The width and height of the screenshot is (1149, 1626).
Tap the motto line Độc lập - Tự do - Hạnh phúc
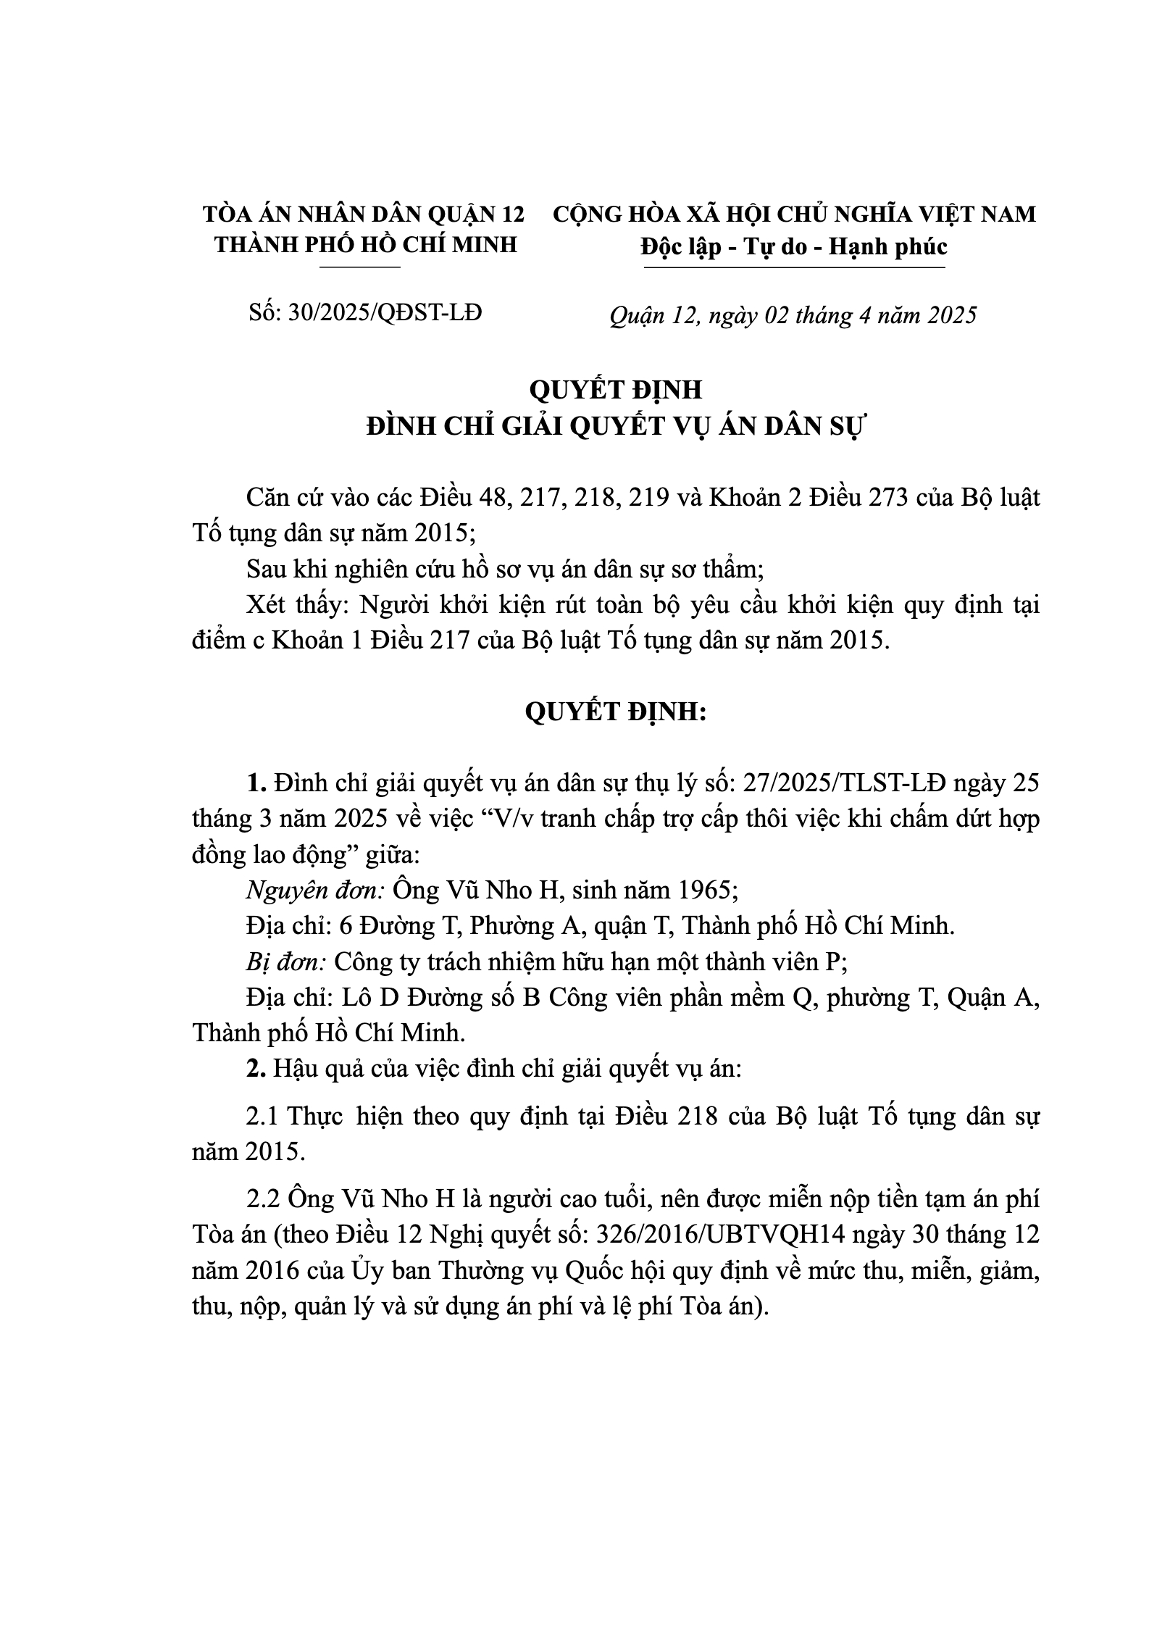click(x=794, y=246)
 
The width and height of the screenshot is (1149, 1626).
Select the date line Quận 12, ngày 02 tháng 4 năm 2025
click(x=793, y=315)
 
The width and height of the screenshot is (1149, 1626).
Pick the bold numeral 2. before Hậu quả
click(x=254, y=1069)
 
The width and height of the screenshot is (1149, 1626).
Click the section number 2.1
click(x=263, y=1117)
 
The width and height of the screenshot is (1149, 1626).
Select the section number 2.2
click(x=263, y=1199)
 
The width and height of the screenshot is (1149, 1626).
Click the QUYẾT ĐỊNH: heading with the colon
click(x=616, y=712)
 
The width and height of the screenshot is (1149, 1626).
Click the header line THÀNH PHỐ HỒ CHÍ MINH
click(x=366, y=245)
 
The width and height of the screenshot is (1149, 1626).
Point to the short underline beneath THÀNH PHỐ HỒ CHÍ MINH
click(x=360, y=267)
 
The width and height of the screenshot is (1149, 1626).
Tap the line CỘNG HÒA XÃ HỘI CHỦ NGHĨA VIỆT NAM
click(x=794, y=214)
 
